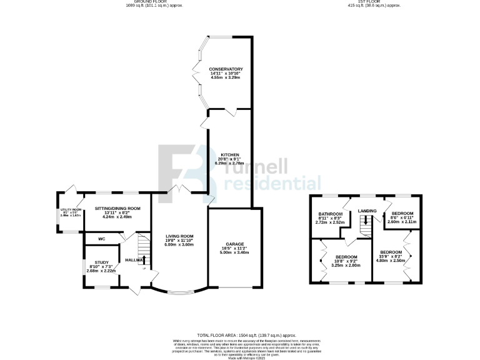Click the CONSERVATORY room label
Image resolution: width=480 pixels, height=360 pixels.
click(x=226, y=69)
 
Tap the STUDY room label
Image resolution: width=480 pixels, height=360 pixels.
click(x=102, y=262)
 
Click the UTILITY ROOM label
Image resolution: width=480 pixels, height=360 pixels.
click(x=71, y=210)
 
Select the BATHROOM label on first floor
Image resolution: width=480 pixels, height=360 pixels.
click(x=330, y=213)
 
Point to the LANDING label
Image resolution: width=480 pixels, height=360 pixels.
click(x=367, y=211)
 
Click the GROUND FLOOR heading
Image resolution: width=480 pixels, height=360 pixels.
click(x=139, y=2)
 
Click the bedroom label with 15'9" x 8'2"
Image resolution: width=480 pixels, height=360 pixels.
click(x=392, y=252)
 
